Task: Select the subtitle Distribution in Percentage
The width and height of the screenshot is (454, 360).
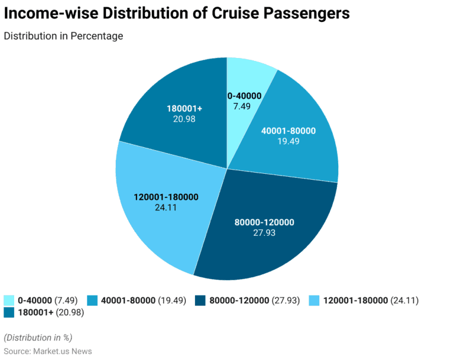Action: tap(63, 36)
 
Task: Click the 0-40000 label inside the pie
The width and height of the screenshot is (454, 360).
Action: tap(244, 96)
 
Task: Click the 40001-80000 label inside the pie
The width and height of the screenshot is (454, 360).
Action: tap(288, 131)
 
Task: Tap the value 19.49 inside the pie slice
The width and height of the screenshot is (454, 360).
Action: tap(288, 141)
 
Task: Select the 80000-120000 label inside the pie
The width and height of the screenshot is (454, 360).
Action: tap(264, 222)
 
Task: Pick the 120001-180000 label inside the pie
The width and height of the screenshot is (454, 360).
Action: tap(166, 197)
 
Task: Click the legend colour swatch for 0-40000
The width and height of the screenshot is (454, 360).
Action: tap(9, 300)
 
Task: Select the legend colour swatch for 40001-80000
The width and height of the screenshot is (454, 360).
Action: tap(93, 300)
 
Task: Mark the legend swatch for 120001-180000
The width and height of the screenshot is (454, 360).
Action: tap(315, 300)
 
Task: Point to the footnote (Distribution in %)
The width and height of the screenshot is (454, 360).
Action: tap(38, 338)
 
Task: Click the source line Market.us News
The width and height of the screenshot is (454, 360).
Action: tap(47, 351)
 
